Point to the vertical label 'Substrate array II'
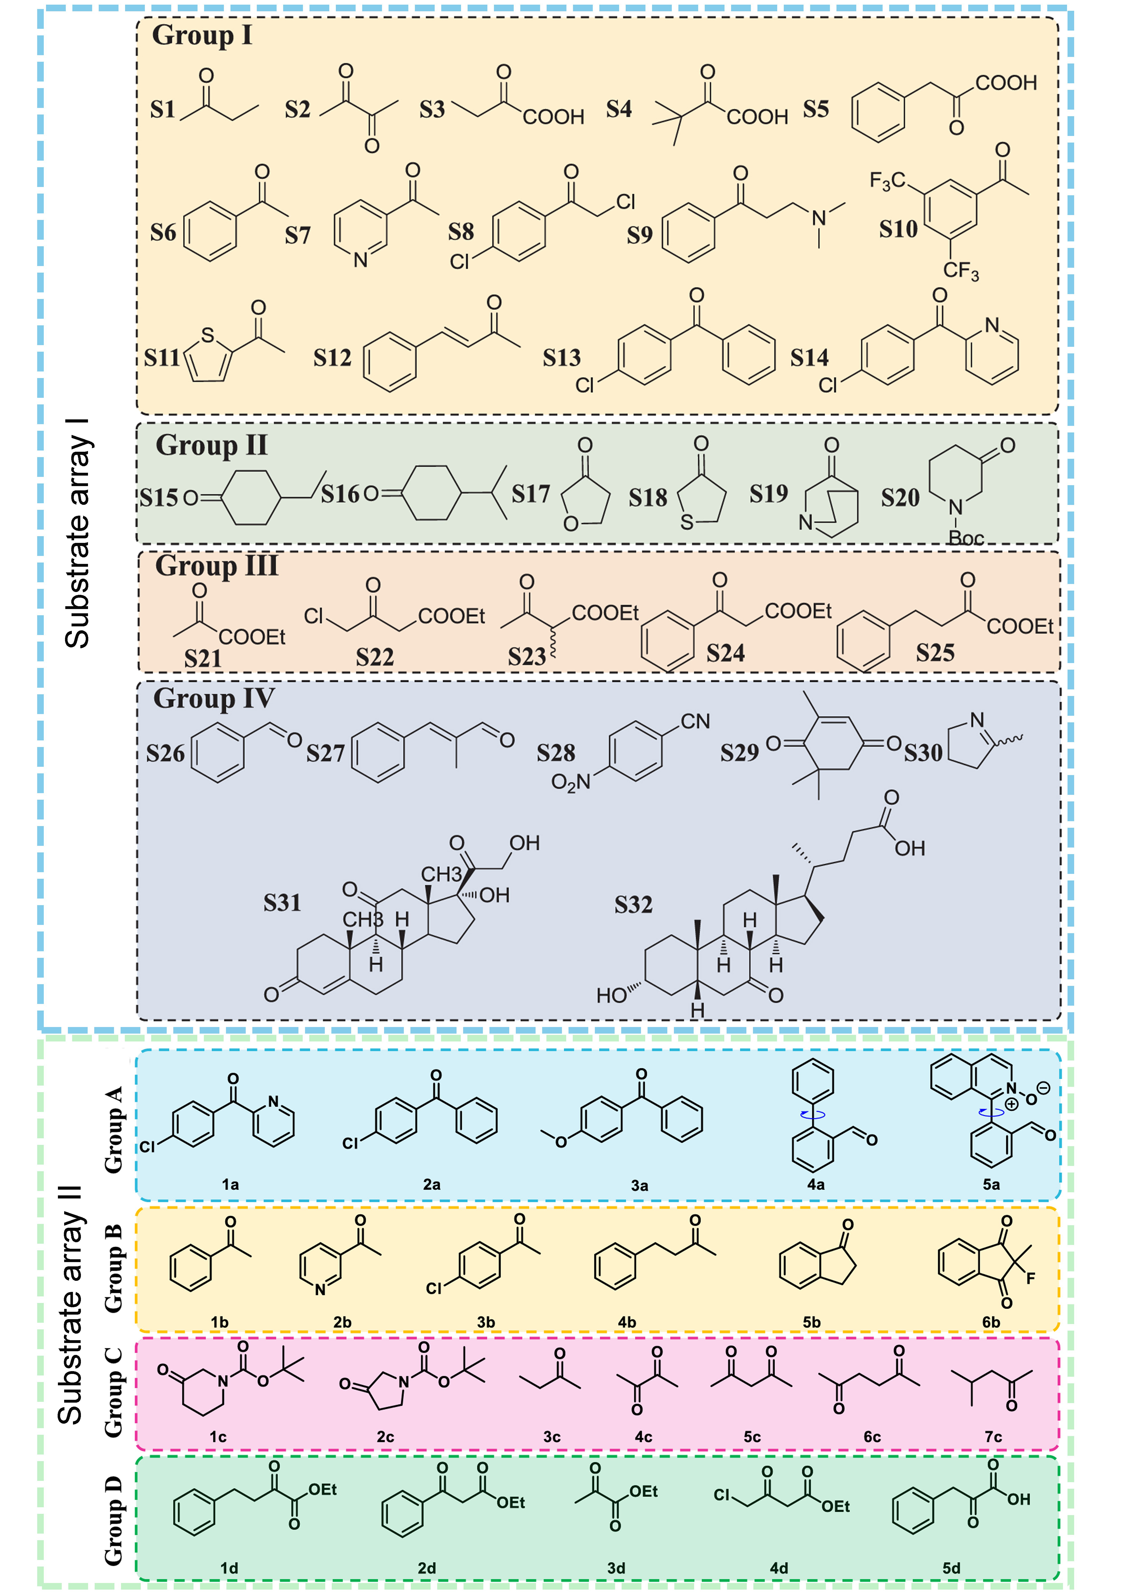71,1305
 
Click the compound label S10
898,229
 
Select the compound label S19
768,493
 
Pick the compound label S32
633,905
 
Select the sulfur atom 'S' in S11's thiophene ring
208,335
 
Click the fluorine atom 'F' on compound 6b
1031,1277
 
